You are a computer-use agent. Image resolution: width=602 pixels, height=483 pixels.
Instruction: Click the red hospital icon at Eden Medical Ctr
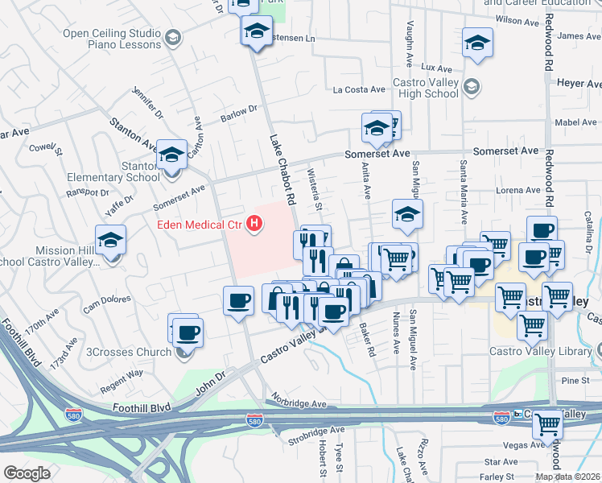click(x=255, y=223)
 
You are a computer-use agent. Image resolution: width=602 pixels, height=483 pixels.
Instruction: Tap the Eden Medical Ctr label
click(x=200, y=225)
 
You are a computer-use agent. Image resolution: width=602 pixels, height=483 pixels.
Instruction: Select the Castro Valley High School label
click(x=425, y=89)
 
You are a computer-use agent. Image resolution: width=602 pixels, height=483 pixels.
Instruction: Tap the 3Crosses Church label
click(x=128, y=352)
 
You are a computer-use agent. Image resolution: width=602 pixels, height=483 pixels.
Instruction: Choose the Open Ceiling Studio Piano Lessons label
click(x=112, y=39)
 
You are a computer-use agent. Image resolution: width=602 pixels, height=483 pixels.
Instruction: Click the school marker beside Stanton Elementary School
click(x=171, y=155)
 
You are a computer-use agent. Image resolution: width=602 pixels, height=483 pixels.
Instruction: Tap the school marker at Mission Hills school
click(x=110, y=240)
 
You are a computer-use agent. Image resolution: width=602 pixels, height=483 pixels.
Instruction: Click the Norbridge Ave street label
click(x=299, y=403)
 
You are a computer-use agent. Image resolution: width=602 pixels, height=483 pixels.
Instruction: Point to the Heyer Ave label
click(x=579, y=84)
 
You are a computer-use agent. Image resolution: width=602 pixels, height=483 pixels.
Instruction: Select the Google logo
click(x=27, y=473)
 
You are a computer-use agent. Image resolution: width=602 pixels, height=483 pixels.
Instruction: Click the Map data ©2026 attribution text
click(x=568, y=477)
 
